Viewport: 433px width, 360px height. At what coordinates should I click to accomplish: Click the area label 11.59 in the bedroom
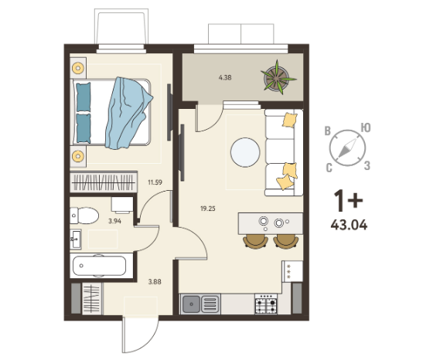(155, 182)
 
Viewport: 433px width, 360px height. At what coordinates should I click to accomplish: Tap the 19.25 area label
(208, 209)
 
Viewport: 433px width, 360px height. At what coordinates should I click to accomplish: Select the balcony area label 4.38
(225, 77)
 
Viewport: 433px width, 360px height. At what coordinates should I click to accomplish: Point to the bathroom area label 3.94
(114, 221)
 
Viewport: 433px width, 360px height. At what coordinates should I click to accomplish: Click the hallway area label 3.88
(155, 282)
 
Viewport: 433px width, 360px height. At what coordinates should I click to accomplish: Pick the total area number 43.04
(349, 225)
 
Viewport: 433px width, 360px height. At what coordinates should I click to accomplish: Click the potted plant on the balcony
(278, 77)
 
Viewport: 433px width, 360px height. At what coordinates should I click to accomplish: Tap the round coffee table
(245, 152)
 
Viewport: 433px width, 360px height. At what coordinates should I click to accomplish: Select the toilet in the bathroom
(84, 216)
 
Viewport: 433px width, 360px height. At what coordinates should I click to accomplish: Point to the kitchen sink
(201, 304)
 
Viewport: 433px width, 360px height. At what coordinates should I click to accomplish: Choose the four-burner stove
(266, 304)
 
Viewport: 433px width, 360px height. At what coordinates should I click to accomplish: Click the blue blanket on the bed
(128, 113)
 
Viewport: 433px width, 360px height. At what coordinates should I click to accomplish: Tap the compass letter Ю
(366, 127)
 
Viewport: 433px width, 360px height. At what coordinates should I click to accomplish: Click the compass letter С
(329, 168)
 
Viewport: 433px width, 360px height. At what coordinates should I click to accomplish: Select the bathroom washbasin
(76, 239)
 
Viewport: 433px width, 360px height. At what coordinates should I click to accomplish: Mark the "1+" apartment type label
(348, 200)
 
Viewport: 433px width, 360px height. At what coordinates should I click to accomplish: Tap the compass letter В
(328, 131)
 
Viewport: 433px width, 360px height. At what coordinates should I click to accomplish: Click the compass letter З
(367, 165)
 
